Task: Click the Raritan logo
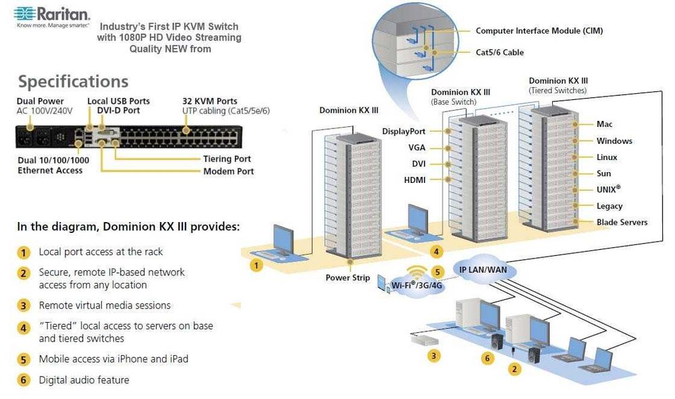(x=53, y=14)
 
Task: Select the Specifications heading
(x=73, y=82)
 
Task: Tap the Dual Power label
(x=41, y=101)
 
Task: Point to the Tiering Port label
(x=227, y=159)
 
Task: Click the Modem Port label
(x=228, y=171)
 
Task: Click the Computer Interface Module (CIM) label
(x=539, y=31)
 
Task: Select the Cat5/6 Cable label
(x=500, y=53)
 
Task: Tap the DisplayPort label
(x=404, y=131)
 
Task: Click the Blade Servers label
(x=622, y=222)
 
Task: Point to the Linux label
(x=607, y=157)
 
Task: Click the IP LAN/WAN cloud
(x=483, y=270)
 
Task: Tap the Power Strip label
(x=348, y=277)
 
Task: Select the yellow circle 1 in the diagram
(x=256, y=265)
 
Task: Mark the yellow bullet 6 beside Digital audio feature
(x=24, y=380)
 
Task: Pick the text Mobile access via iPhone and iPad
(x=113, y=359)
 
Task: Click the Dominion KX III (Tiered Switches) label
(x=558, y=85)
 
